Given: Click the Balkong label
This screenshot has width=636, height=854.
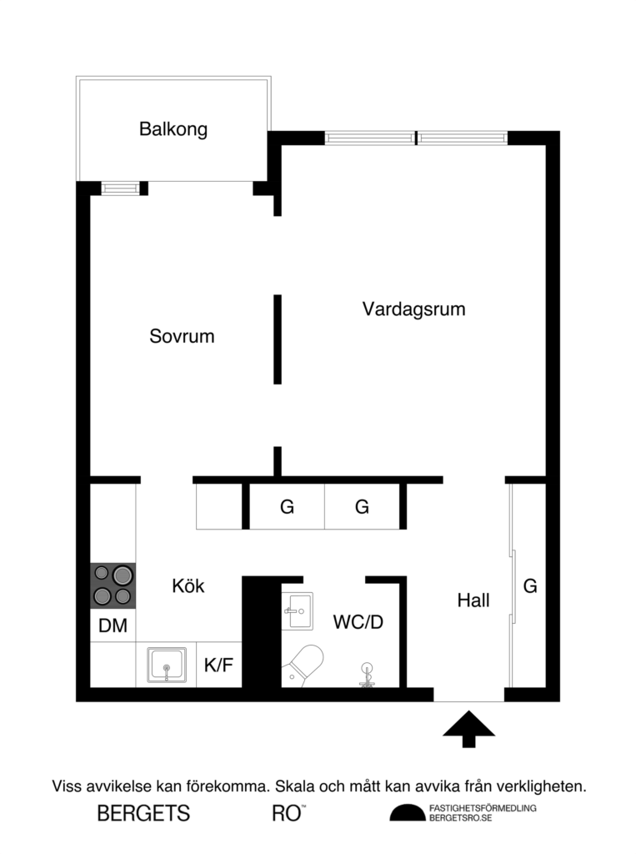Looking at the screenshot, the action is (173, 130).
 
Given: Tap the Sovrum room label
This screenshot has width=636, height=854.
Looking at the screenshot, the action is (182, 337).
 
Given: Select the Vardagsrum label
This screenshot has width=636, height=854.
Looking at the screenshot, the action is (413, 309).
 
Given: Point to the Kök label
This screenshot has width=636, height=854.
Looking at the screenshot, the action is (188, 585).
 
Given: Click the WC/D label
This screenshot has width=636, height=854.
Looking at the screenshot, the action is (358, 621).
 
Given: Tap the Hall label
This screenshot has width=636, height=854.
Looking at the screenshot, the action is (473, 600).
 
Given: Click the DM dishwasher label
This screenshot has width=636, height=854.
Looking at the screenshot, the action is (113, 626).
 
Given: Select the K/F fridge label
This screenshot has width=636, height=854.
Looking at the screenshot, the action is (218, 665).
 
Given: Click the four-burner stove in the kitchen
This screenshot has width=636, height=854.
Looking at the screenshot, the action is (113, 585).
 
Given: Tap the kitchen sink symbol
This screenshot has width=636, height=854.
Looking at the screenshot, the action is (167, 665).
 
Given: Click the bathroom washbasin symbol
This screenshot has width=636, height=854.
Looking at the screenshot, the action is (296, 610).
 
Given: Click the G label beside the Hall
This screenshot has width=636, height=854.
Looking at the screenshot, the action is (529, 586).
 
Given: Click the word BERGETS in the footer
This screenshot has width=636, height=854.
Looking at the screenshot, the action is (143, 814).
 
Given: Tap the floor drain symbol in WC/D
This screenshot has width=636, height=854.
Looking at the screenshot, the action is (367, 674).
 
